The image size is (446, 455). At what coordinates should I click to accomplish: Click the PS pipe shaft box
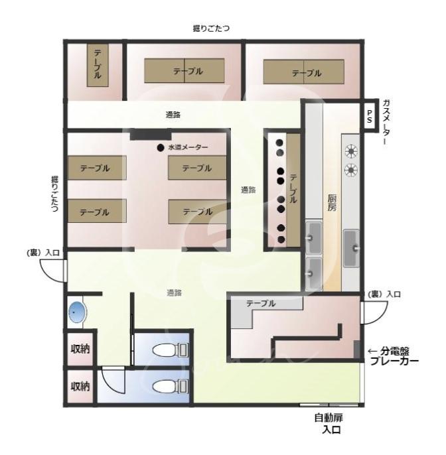(x=369, y=116)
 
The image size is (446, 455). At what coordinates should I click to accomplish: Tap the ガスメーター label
(x=386, y=122)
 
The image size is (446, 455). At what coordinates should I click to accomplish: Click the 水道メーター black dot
(x=161, y=148)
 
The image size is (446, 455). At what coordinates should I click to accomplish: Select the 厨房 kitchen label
(x=332, y=203)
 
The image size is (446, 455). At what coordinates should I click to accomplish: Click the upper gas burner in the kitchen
(x=351, y=151)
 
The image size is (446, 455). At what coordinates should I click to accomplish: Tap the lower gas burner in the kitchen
(x=351, y=170)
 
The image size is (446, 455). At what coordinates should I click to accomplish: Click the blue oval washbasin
(x=78, y=312)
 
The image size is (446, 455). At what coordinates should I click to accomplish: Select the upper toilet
(x=171, y=350)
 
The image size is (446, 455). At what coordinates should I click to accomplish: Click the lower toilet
(x=171, y=386)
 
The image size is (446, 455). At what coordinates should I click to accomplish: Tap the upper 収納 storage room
(x=80, y=348)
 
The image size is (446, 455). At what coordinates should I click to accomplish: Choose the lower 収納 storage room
(x=80, y=386)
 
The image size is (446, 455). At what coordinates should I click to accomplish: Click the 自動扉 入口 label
(x=330, y=424)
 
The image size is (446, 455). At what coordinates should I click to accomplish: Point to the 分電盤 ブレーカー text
(x=395, y=356)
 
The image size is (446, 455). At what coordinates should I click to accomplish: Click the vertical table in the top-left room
(x=98, y=65)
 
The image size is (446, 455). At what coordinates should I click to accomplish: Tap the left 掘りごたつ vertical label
(x=54, y=194)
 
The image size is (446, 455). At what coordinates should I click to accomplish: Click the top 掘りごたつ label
(x=211, y=29)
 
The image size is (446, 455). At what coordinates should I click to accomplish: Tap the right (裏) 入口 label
(x=384, y=294)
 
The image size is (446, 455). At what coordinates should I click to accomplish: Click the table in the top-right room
(x=304, y=72)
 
